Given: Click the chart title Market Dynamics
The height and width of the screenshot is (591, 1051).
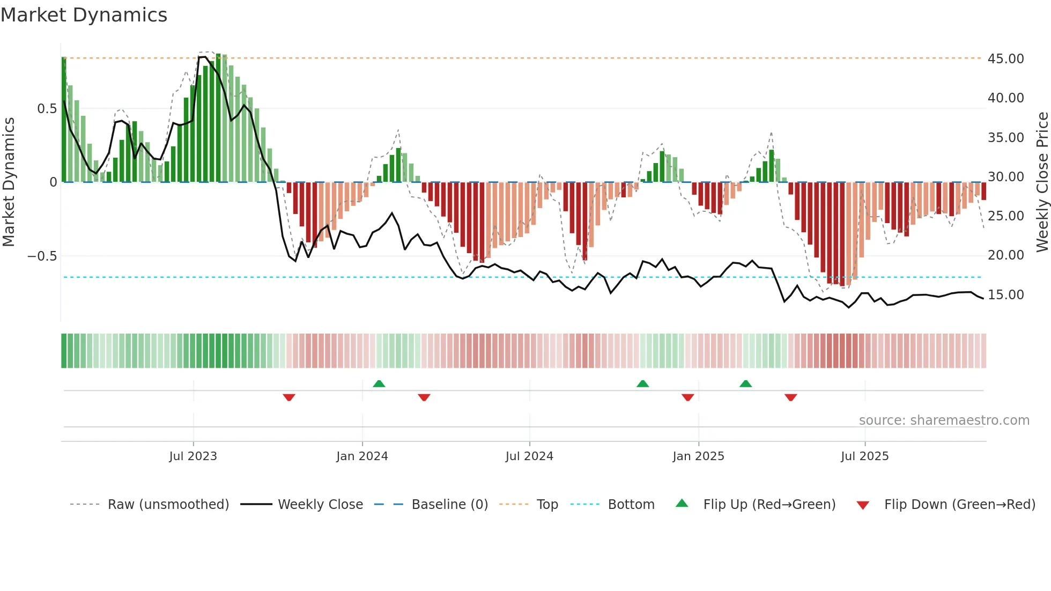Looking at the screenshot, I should point(84,15).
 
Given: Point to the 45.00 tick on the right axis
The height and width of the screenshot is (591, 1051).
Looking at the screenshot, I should point(1005,58).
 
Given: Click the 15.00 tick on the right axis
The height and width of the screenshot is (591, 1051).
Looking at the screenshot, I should point(1005,294).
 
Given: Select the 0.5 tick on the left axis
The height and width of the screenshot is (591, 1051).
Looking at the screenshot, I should point(47,109).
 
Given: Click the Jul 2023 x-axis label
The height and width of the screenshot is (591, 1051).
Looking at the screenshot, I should point(193,456).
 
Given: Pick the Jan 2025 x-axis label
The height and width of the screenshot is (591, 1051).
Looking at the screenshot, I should point(698,456).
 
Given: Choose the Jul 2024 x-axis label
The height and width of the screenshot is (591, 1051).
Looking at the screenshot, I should point(529,456).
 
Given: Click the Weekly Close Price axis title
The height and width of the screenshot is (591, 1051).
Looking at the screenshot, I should point(1042,182).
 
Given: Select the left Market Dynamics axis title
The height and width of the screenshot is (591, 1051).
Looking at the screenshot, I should point(9,182).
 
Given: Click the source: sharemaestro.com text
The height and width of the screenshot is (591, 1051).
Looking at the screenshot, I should point(944,420).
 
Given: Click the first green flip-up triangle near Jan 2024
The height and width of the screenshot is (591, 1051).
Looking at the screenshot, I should point(379,383).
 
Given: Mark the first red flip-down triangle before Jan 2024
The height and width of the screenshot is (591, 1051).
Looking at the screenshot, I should point(289,397).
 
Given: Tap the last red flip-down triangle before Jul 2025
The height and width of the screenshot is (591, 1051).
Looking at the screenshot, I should point(790,397).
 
